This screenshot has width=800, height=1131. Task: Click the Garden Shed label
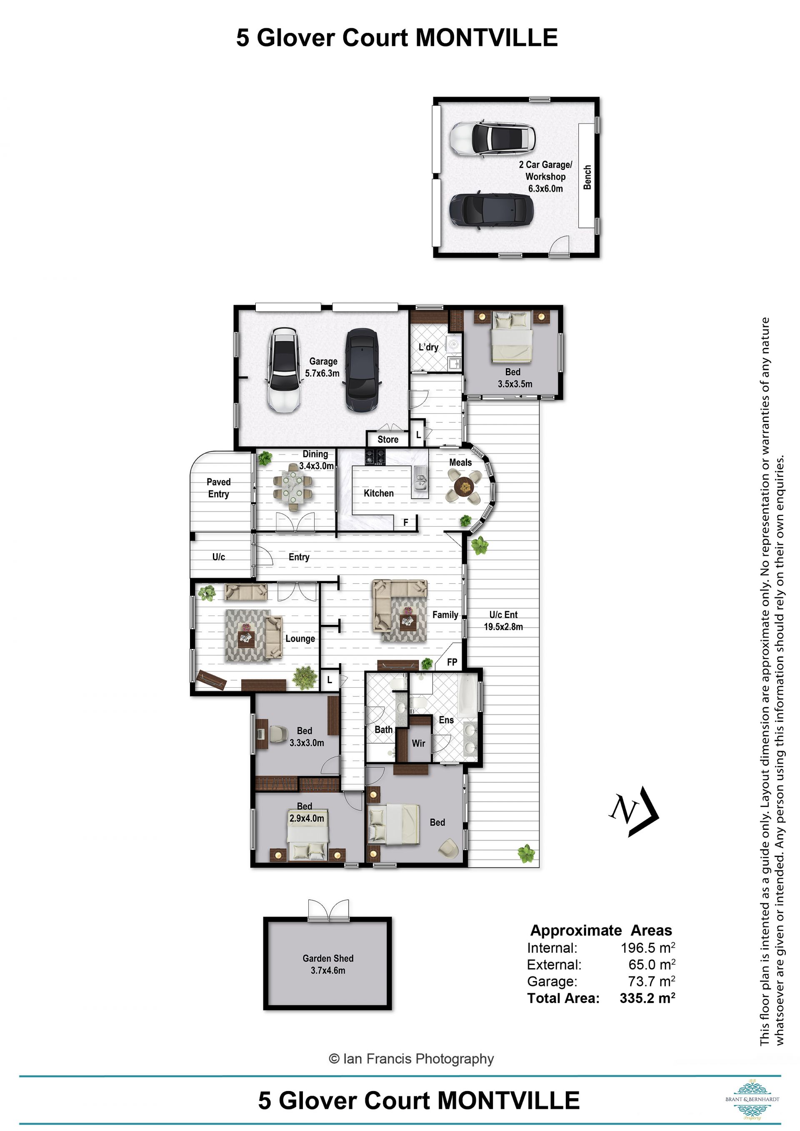click(x=328, y=958)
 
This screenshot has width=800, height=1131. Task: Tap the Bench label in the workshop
click(x=587, y=177)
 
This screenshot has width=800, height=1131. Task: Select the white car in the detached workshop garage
click(x=492, y=138)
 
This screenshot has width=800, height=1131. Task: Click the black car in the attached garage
click(x=362, y=370)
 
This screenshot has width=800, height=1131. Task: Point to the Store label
click(x=387, y=439)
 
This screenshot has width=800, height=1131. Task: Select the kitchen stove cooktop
click(x=375, y=456)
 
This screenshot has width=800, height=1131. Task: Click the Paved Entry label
click(x=218, y=488)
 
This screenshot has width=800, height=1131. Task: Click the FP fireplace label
click(x=452, y=662)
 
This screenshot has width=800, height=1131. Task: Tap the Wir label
click(x=418, y=743)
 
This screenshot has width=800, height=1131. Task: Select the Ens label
click(x=446, y=720)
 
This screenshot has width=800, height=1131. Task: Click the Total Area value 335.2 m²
click(x=647, y=998)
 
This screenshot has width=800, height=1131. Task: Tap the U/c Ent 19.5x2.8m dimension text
click(x=503, y=621)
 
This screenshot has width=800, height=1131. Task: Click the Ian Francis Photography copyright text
click(x=411, y=1059)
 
